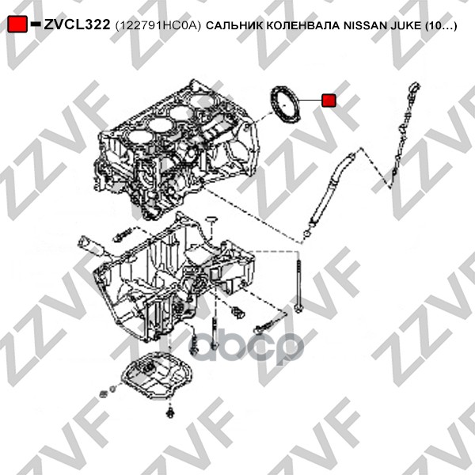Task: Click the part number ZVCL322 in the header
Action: [x=77, y=25]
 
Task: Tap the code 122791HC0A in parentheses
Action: [x=158, y=26]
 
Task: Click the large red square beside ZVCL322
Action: [x=17, y=24]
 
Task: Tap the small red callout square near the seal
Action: [x=329, y=101]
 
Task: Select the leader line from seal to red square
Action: [x=310, y=100]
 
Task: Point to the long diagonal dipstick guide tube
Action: [x=331, y=188]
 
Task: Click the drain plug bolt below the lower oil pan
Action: [x=170, y=412]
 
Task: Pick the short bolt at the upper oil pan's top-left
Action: [x=123, y=234]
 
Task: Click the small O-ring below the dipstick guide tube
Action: [x=307, y=234]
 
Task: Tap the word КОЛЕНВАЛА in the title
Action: [x=303, y=25]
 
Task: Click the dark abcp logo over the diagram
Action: [x=246, y=348]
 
